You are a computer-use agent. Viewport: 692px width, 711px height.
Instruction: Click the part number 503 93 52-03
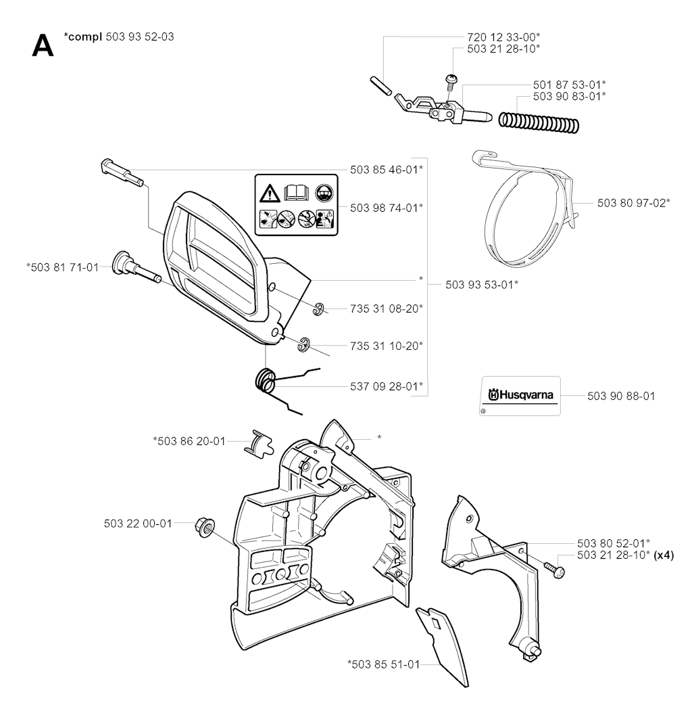pyautogui.click(x=140, y=37)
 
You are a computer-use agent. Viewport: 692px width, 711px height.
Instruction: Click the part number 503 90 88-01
pyautogui.click(x=616, y=395)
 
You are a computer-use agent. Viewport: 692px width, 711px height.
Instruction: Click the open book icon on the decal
pyautogui.click(x=295, y=193)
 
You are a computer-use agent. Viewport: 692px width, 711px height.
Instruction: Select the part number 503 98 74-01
pyautogui.click(x=387, y=206)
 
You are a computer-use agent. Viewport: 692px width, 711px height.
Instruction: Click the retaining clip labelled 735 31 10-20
pyautogui.click(x=303, y=344)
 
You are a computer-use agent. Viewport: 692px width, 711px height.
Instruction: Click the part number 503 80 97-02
pyautogui.click(x=634, y=202)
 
